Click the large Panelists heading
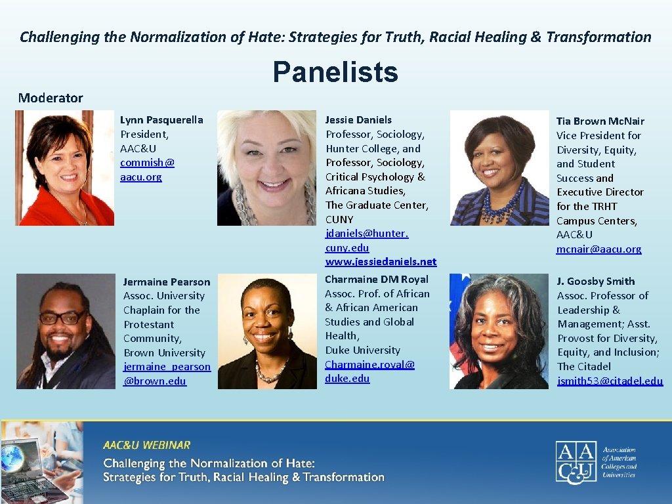point(335,72)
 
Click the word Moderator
point(51,98)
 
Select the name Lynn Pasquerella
point(161,120)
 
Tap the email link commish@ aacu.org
point(147,170)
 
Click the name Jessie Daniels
point(358,120)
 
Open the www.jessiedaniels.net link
point(381,262)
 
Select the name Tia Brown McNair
point(600,121)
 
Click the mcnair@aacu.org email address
point(598,249)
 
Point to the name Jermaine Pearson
point(167,282)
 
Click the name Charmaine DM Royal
point(376,280)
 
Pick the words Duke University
point(362,350)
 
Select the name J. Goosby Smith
point(596,282)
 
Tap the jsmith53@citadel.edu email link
point(610,381)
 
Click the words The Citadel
point(583,367)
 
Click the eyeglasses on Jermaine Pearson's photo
point(62,318)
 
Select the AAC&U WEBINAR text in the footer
point(146,446)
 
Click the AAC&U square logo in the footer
point(576,463)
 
